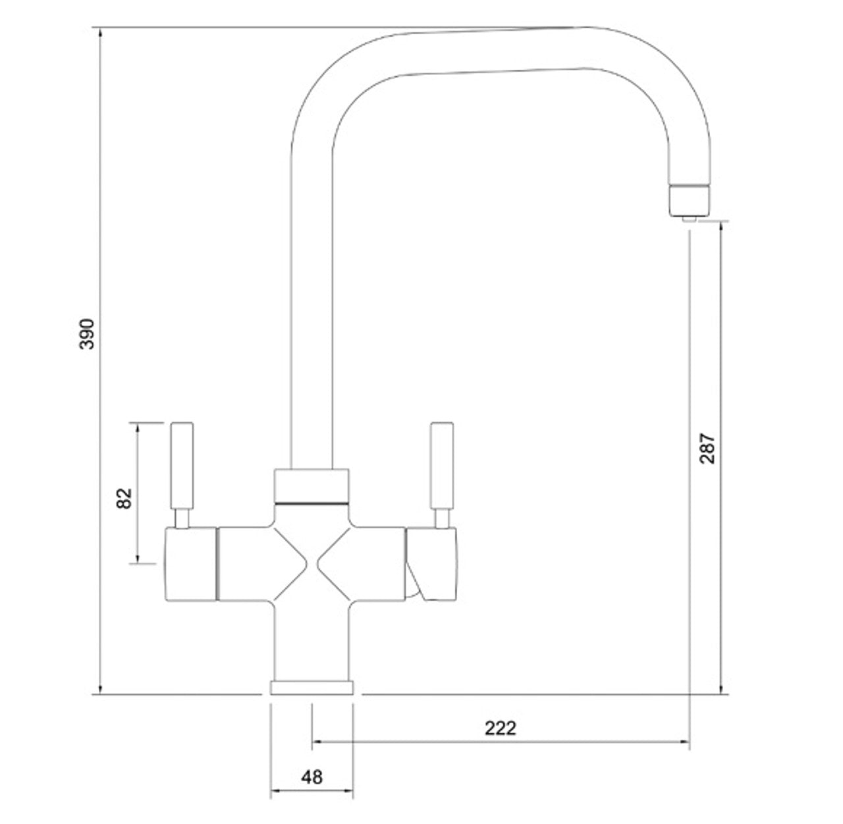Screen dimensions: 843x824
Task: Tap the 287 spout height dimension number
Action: pyautogui.click(x=707, y=449)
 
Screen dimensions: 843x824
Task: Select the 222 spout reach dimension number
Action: pyautogui.click(x=501, y=728)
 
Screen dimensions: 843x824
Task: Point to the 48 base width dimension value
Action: pyautogui.click(x=312, y=778)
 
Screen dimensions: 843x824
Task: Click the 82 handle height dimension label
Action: pyautogui.click(x=124, y=499)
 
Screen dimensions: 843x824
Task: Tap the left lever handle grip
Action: pyautogui.click(x=182, y=466)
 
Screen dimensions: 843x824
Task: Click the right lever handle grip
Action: pyautogui.click(x=442, y=466)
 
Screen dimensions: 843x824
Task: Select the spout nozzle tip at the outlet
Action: pyautogui.click(x=688, y=201)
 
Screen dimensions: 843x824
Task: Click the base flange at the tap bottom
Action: pyautogui.click(x=312, y=688)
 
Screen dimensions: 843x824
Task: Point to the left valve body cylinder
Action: pyautogui.click(x=190, y=564)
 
